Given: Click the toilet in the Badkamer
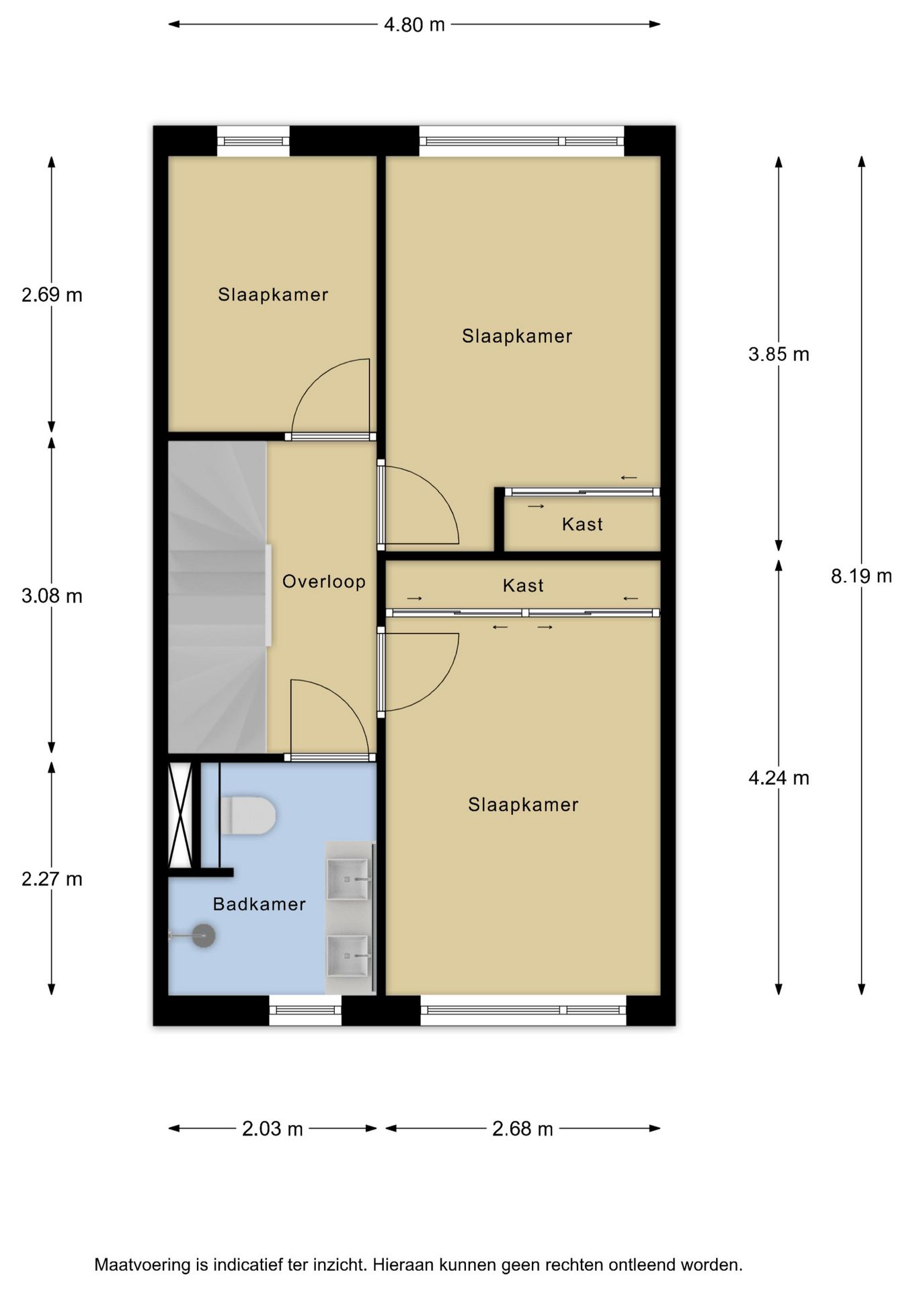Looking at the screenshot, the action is pyautogui.click(x=247, y=816).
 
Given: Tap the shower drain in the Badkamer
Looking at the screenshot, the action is pyautogui.click(x=203, y=935).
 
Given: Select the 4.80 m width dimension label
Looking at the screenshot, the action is pyautogui.click(x=414, y=25).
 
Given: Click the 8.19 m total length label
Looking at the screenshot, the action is pyautogui.click(x=861, y=576).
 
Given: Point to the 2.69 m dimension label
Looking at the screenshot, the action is pyautogui.click(x=52, y=295).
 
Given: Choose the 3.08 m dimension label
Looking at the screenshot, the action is pyautogui.click(x=52, y=596).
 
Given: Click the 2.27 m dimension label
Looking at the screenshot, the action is pyautogui.click(x=52, y=879).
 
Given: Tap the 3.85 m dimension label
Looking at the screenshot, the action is pyautogui.click(x=779, y=354).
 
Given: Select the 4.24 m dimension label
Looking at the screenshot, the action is pyautogui.click(x=779, y=779).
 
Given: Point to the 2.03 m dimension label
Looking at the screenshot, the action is pyautogui.click(x=272, y=1129).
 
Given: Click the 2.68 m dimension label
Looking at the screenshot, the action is pyautogui.click(x=522, y=1129).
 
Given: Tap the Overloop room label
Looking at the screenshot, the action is pyautogui.click(x=324, y=582).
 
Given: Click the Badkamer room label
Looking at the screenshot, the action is pyautogui.click(x=260, y=904).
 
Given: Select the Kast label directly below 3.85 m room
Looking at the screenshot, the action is pyautogui.click(x=523, y=586).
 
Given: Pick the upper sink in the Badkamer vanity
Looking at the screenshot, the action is pyautogui.click(x=348, y=879).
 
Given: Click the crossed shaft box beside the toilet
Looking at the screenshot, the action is pyautogui.click(x=180, y=815).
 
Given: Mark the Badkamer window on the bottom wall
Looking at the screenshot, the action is pyautogui.click(x=305, y=1010).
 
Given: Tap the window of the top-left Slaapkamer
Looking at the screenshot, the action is pyautogui.click(x=253, y=141).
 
